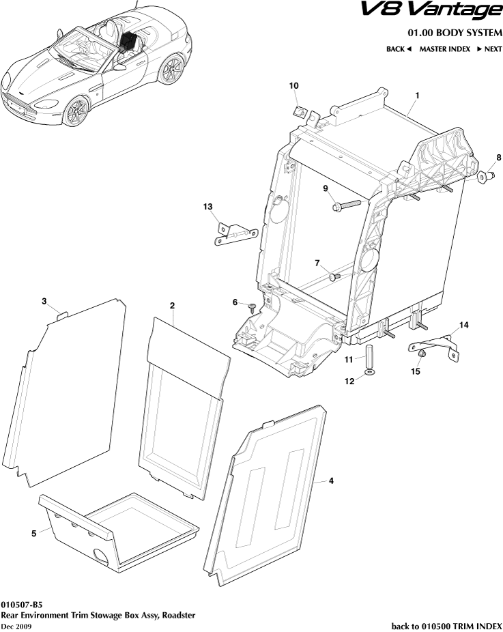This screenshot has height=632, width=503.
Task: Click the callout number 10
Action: pos(294,85)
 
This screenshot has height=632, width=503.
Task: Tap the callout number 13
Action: pos(208,206)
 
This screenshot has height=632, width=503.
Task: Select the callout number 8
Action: pos(499,158)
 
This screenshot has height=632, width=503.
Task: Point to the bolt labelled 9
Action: pos(345,205)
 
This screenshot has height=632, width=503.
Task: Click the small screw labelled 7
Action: pos(334,276)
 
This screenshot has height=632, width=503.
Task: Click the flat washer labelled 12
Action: pos(369,373)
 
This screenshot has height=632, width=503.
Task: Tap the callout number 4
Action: pos(331,481)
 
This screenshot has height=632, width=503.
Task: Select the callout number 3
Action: pos(44,301)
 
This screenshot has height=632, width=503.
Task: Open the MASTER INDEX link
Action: pos(444,49)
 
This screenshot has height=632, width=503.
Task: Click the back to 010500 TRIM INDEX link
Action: pos(446,625)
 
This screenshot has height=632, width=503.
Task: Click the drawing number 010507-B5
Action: pos(21,604)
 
